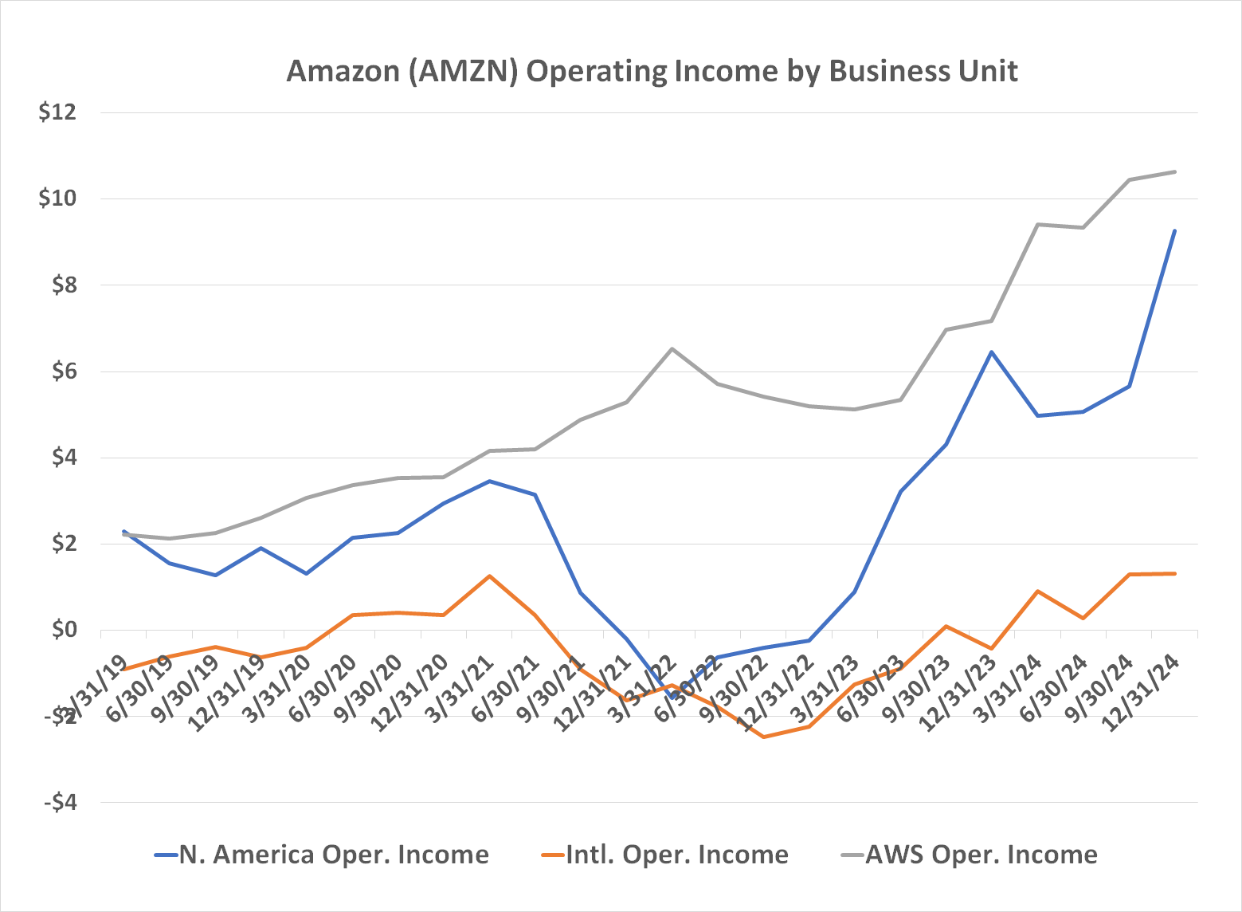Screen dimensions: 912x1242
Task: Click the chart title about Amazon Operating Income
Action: [652, 71]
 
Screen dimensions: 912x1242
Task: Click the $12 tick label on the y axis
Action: [57, 112]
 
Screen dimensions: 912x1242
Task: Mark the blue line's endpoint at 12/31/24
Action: [1174, 231]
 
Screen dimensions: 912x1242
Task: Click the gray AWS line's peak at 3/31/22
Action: [672, 348]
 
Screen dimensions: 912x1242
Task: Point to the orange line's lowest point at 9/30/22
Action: [763, 737]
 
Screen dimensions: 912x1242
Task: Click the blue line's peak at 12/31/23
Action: [991, 352]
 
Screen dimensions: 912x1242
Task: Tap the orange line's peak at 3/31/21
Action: [489, 576]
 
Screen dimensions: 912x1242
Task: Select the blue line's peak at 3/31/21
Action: [489, 481]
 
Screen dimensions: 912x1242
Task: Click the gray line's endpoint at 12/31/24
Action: [1174, 171]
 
